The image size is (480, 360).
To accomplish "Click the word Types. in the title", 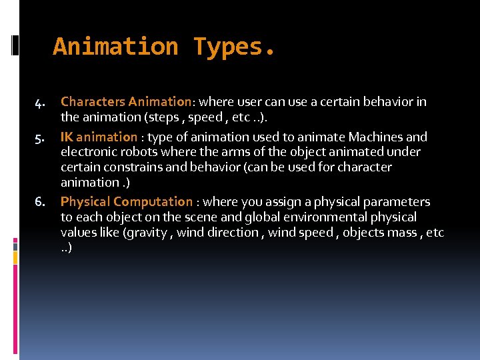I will (234, 47).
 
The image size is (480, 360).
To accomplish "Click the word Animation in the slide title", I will (115, 47).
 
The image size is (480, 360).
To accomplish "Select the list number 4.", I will (39, 103).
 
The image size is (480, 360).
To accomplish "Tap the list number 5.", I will (39, 138).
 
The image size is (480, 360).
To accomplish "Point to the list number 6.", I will (39, 202).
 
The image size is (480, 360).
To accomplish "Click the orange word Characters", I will (93, 102).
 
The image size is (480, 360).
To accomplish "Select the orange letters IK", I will (67, 137).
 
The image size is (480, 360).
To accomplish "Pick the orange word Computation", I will (153, 201).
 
